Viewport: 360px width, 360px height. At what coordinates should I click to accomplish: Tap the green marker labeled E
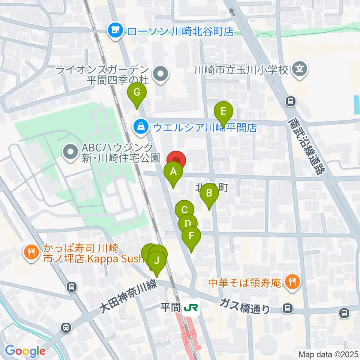(223, 111)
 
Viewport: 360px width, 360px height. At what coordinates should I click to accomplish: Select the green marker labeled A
(173, 172)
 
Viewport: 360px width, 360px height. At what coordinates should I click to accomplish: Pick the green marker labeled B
(209, 194)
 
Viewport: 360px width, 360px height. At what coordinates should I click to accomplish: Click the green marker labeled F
(191, 236)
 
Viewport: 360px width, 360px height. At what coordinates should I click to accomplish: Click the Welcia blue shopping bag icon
(140, 127)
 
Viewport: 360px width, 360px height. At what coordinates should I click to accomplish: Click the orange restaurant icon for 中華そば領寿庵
(291, 282)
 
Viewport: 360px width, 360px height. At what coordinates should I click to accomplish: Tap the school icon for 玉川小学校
(300, 69)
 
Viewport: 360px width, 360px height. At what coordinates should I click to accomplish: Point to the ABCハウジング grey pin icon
(70, 152)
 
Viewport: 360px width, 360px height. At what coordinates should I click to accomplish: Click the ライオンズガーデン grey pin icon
(161, 74)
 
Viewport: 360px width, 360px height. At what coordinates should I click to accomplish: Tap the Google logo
(25, 351)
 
